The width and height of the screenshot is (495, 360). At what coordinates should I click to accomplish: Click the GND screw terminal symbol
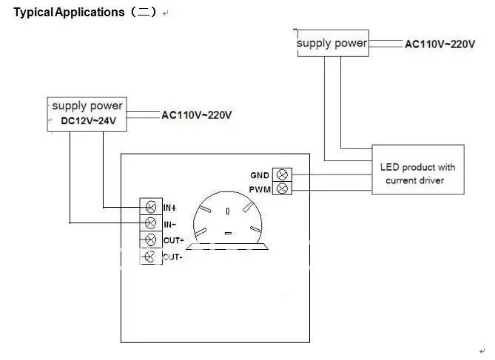click(x=282, y=174)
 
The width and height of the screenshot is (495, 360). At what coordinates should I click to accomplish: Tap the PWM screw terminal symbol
click(x=282, y=189)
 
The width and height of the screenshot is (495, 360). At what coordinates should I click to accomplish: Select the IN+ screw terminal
click(x=151, y=207)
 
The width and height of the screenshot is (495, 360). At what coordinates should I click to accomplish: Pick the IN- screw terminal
click(x=151, y=223)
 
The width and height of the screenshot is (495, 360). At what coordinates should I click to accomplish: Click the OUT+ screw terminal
click(x=150, y=240)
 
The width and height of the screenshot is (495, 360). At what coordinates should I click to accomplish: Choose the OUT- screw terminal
click(x=150, y=257)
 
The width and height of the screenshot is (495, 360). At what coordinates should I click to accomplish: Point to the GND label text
click(x=260, y=175)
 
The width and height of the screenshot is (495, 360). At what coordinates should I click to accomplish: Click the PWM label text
click(x=260, y=190)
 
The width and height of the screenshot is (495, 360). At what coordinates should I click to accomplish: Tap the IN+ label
click(x=170, y=208)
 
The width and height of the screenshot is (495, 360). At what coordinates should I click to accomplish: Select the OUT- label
click(x=172, y=257)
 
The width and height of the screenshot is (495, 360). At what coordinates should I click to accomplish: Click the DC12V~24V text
click(x=88, y=120)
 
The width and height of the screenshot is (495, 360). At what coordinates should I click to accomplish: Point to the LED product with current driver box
click(x=418, y=169)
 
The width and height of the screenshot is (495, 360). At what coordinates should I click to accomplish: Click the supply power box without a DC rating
click(x=333, y=43)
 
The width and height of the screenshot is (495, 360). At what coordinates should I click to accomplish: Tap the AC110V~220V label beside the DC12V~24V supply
click(x=196, y=115)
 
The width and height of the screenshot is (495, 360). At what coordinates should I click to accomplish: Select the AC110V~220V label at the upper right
click(x=440, y=44)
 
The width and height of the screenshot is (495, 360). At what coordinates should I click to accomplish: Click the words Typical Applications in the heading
click(x=69, y=13)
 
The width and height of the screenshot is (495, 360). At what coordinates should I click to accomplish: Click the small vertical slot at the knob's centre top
click(x=228, y=211)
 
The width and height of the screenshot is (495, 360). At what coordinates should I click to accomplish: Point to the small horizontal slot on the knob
click(x=228, y=233)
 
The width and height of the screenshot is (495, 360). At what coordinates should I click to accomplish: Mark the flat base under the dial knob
click(x=227, y=246)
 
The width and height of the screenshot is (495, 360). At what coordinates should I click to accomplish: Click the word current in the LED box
click(x=399, y=181)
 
